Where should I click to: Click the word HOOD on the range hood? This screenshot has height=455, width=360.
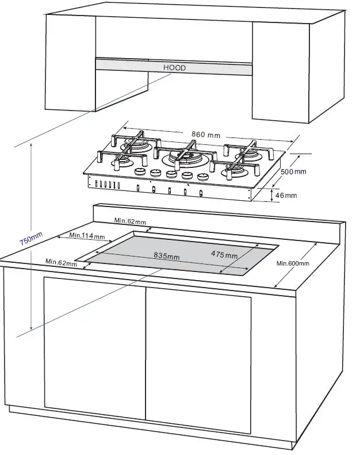(174, 68)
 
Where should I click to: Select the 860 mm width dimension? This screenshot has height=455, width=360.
(206, 135)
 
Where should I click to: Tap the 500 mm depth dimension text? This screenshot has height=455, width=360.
(293, 171)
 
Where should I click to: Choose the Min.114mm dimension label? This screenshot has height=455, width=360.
(87, 235)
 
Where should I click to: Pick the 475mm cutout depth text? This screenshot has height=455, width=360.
(224, 255)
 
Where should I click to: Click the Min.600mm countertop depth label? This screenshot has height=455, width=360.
(293, 263)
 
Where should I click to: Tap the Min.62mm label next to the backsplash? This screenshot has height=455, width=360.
(130, 220)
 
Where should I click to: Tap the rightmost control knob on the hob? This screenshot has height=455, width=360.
(202, 177)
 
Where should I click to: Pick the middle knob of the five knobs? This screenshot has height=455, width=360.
(170, 174)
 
